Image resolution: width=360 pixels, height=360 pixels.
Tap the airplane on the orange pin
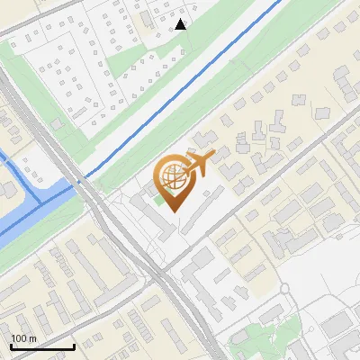click(x=202, y=162)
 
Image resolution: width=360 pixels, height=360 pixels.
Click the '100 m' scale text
click(x=23, y=338)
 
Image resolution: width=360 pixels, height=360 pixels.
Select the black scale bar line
click(x=41, y=346)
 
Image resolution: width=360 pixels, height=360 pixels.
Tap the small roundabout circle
click(x=285, y=289)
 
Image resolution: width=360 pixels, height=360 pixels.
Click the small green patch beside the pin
click(x=159, y=199)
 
